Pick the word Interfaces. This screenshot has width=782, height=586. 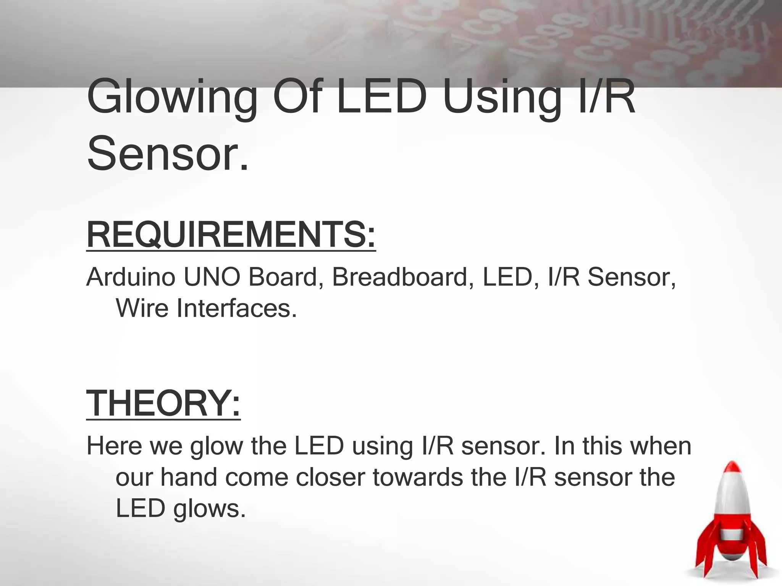point(237,308)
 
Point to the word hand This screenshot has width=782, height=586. point(189,477)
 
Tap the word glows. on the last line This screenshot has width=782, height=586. point(210,509)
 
